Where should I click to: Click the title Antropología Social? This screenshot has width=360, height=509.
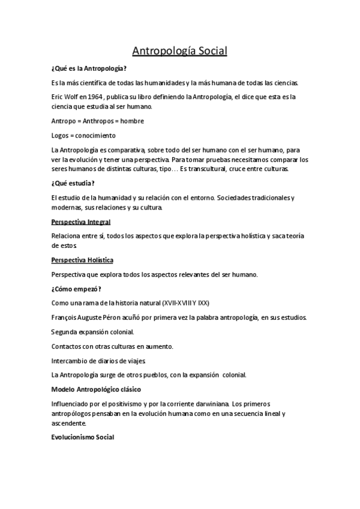pos(179,51)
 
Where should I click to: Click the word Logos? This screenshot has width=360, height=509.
pos(61,135)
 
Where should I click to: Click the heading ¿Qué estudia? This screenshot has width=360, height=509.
pos(73,183)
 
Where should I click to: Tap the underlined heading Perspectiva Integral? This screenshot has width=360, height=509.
pos(80,221)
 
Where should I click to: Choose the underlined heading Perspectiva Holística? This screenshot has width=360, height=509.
pos(82,260)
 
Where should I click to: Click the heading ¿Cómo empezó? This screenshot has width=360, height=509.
pos(76,288)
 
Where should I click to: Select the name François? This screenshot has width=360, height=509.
pos(67,316)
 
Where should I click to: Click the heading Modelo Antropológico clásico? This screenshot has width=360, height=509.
pos(96,389)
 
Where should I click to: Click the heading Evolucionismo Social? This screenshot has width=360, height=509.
pos(83,437)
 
